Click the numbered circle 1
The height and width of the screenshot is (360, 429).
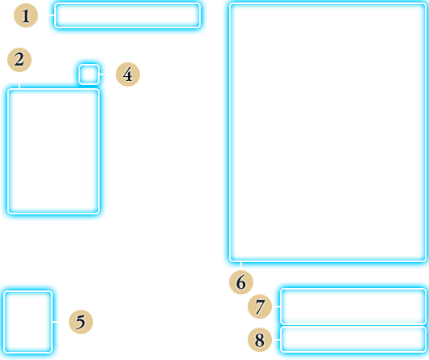(x=26, y=15)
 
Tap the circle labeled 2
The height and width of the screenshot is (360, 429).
(x=19, y=60)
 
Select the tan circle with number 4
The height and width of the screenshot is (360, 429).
(x=128, y=74)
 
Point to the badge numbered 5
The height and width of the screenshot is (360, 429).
(x=81, y=322)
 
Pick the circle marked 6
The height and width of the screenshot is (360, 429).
(x=241, y=282)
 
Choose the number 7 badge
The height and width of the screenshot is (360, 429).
(x=260, y=307)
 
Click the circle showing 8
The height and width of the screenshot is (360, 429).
(x=260, y=340)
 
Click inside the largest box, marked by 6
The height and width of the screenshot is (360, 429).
(x=328, y=133)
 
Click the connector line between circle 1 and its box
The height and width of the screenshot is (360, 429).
(x=52, y=15)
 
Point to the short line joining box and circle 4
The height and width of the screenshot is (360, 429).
(x=102, y=74)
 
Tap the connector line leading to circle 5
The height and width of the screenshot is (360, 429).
(x=56, y=322)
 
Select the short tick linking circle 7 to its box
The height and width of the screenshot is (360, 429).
(x=277, y=307)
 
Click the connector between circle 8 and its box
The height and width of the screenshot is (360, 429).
(x=277, y=340)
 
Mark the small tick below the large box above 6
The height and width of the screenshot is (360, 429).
(x=241, y=265)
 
